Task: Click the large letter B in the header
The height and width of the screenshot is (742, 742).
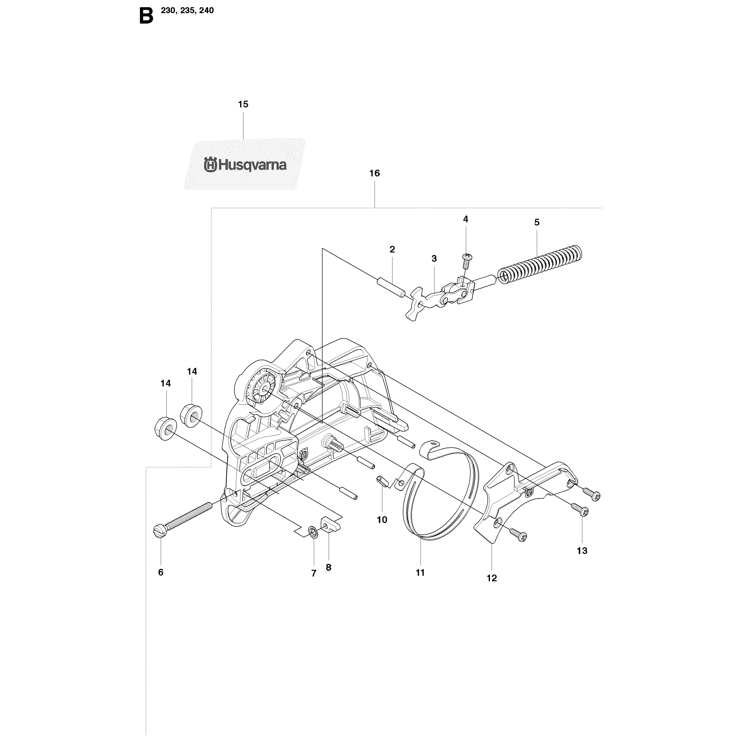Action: tap(146, 17)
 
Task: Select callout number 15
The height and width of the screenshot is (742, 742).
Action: tap(243, 104)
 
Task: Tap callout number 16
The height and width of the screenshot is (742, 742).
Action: tap(374, 173)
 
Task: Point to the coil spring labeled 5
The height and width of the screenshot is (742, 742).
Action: tap(540, 265)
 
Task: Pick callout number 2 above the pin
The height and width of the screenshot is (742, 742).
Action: tap(392, 249)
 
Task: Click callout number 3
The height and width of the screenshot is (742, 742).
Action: tap(434, 259)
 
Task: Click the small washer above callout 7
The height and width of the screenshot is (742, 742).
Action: tap(313, 533)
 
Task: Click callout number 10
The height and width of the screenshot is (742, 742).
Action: tap(382, 520)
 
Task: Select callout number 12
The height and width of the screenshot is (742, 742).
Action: tap(492, 589)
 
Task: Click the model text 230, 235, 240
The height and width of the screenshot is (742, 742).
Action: tap(188, 10)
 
